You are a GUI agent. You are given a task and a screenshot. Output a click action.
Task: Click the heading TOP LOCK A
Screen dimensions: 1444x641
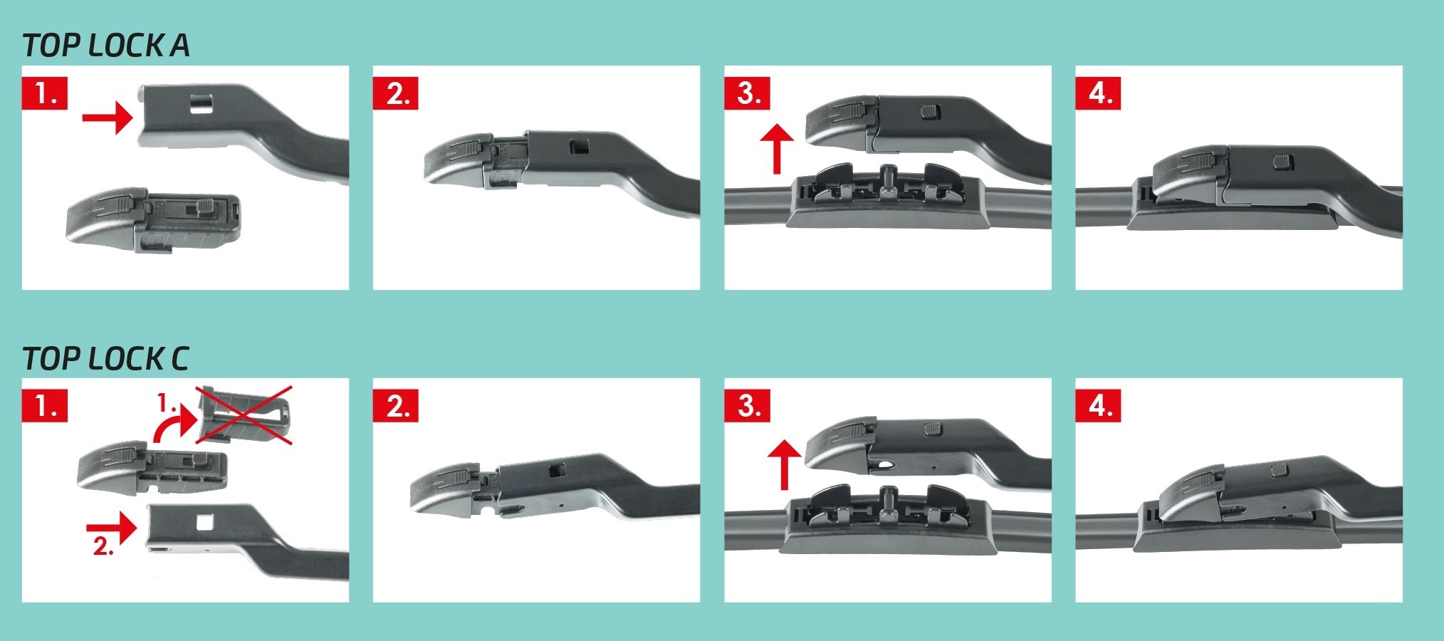tap(106, 45)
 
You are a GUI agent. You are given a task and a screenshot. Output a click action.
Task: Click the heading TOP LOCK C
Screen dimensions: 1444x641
tap(105, 358)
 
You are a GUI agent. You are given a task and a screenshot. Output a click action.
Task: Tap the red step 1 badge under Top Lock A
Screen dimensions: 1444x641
tap(45, 93)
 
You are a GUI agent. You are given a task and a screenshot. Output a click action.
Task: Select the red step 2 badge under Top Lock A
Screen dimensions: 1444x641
tap(395, 93)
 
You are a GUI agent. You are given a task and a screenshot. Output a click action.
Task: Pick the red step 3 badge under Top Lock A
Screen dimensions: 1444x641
tap(747, 93)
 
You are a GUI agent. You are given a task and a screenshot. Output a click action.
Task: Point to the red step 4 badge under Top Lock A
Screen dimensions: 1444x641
tap(1098, 93)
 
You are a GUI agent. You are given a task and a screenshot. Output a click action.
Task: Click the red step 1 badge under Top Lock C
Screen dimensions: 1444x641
tap(45, 406)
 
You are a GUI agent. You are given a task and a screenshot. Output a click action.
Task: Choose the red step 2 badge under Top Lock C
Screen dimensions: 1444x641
tap(395, 406)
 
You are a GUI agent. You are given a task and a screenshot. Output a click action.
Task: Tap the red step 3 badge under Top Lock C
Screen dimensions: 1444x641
tap(747, 406)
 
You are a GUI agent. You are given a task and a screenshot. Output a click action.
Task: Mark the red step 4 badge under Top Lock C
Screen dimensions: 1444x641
tap(1098, 406)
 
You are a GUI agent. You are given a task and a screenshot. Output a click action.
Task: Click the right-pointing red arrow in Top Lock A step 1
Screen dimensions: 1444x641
tap(107, 117)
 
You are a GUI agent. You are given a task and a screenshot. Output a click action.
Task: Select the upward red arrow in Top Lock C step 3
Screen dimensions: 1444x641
tap(785, 464)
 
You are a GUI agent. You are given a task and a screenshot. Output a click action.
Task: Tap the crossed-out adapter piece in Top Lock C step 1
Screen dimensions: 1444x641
tap(246, 416)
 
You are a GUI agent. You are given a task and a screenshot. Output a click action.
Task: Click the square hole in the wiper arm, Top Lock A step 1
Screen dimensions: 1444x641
tap(202, 103)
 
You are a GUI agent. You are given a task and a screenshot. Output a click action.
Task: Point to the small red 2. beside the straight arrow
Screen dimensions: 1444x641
tap(104, 546)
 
